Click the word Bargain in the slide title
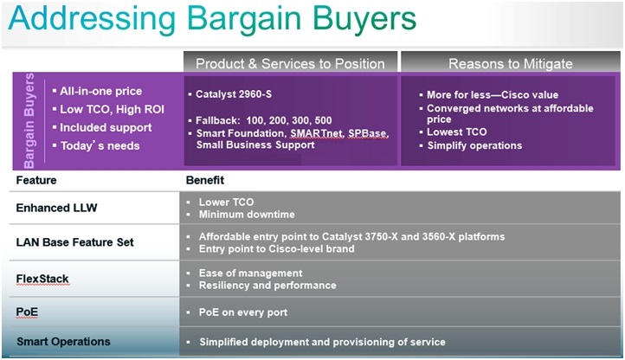click(244, 20)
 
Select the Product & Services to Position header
click(290, 64)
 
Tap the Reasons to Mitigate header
click(511, 64)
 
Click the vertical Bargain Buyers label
click(29, 120)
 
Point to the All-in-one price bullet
click(100, 91)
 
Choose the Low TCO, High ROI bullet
click(112, 109)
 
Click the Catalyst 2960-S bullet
click(234, 94)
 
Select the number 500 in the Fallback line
click(323, 120)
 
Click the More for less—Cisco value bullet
click(493, 95)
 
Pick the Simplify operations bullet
click(474, 145)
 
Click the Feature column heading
click(36, 180)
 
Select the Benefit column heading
click(205, 180)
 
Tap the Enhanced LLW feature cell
click(56, 208)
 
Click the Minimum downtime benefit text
click(247, 215)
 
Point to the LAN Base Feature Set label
click(75, 242)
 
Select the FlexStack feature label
click(42, 279)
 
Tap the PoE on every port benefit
click(243, 312)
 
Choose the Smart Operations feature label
click(63, 342)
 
